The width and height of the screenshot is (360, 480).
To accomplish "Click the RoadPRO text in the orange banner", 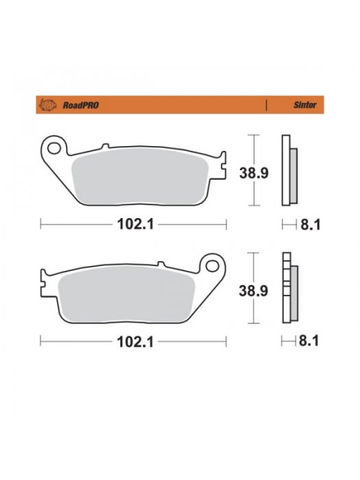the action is tap(81, 106).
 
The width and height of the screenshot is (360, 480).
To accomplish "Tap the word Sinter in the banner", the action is tap(305, 105).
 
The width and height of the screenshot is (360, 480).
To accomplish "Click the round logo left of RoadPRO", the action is tap(48, 105).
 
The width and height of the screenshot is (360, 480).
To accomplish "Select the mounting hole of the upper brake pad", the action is tap(54, 149).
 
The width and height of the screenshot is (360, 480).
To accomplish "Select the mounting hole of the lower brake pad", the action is tap(212, 266).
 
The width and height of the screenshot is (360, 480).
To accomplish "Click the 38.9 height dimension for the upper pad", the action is tap(254, 173).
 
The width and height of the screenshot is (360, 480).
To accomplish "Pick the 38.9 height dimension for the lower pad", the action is tap(254, 291).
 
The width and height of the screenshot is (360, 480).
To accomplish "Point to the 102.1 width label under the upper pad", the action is tap(135, 225).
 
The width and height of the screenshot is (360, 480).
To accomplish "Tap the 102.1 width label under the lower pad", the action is tap(135, 342).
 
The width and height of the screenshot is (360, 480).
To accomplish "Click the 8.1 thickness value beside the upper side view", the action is tap(311, 225).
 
